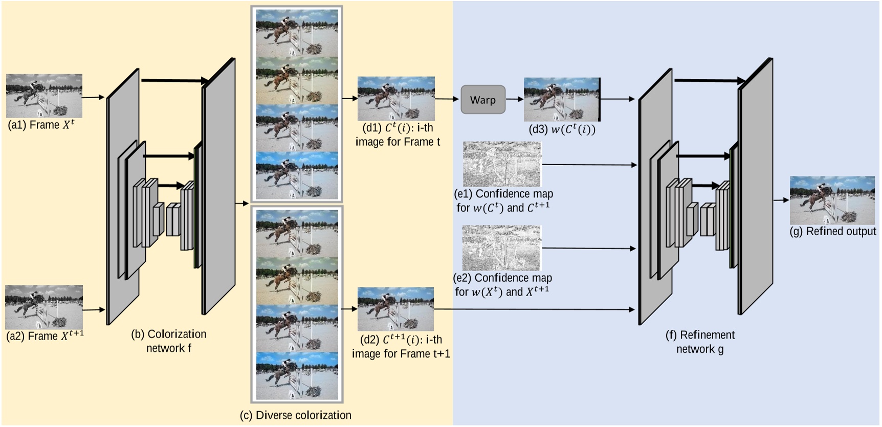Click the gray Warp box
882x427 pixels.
point(482,100)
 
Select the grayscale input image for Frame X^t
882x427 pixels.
point(44,96)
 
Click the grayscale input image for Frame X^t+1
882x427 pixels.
point(44,307)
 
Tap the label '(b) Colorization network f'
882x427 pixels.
point(168,341)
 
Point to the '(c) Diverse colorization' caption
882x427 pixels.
point(295,415)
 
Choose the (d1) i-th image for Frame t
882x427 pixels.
point(395,99)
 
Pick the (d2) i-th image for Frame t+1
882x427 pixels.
point(395,309)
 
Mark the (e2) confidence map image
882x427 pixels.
point(501,248)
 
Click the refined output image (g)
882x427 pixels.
point(832,200)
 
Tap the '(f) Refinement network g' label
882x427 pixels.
point(699,342)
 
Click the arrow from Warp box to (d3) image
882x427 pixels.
point(515,99)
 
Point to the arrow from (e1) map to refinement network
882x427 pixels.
point(588,165)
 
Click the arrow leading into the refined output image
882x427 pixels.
point(781,200)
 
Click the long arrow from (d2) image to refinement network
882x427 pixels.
point(532,309)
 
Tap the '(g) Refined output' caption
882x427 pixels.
point(832,232)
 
